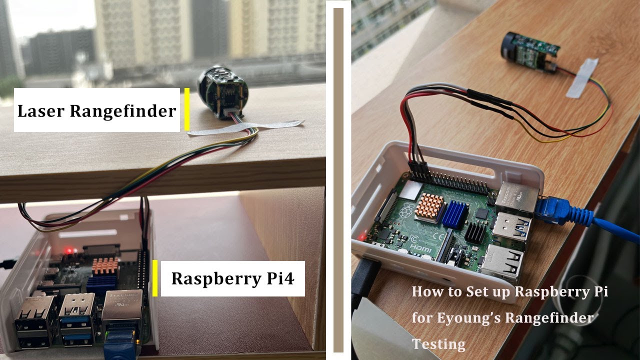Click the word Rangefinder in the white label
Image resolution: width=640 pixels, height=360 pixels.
(122, 111)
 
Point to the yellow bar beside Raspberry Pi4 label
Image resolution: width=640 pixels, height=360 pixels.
(155, 278)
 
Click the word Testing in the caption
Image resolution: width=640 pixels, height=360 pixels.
(438, 344)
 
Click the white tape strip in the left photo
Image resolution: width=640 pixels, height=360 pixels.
(245, 128)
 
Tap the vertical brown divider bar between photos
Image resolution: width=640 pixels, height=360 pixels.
(338, 180)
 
